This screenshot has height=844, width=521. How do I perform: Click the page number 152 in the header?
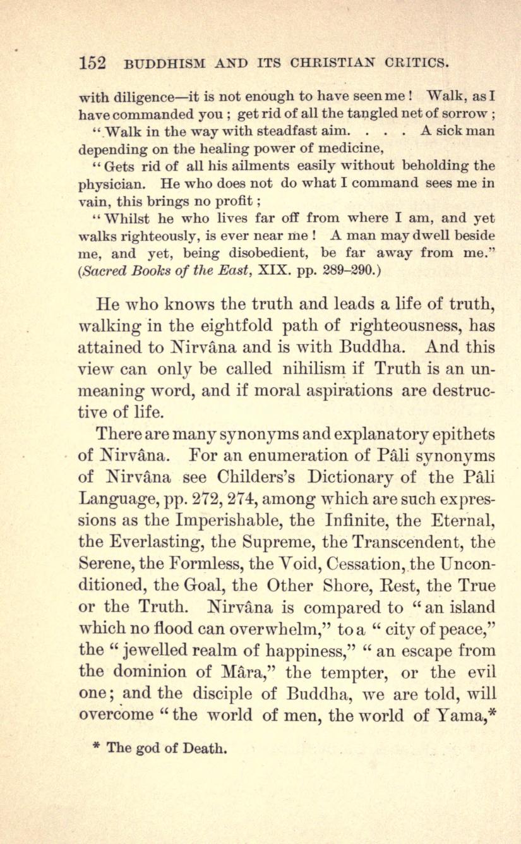point(92,64)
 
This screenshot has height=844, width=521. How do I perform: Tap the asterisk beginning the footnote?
point(96,748)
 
